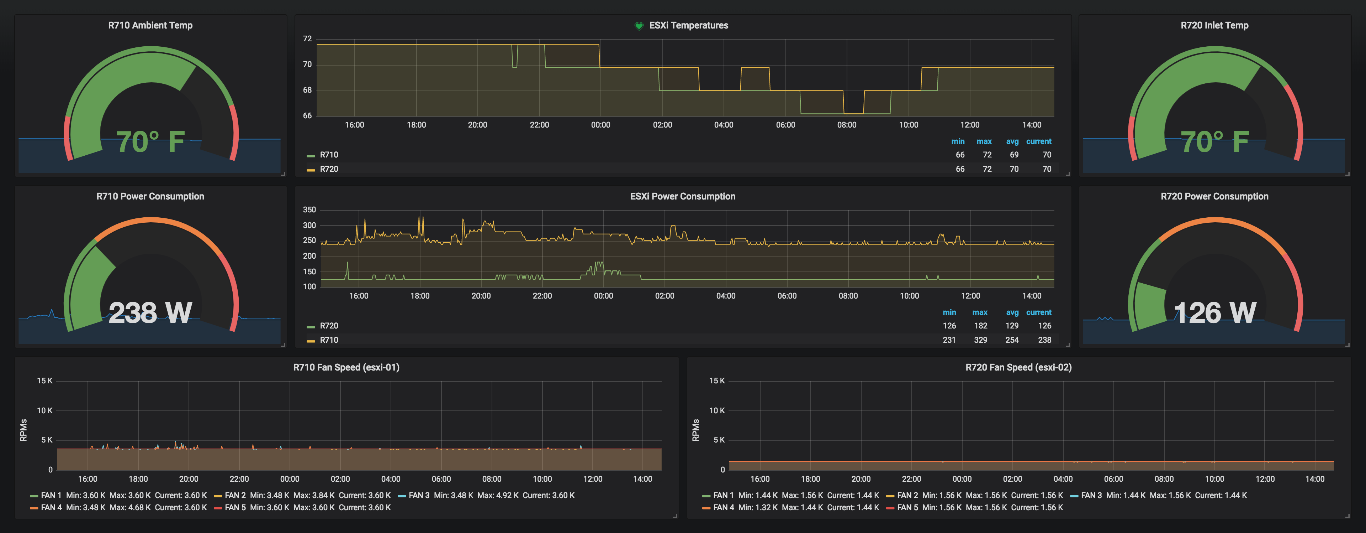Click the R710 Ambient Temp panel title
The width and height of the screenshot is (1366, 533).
pyautogui.click(x=150, y=26)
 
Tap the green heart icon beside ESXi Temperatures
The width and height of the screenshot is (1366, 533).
pyautogui.click(x=639, y=26)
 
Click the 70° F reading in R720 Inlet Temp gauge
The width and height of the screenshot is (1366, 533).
pyautogui.click(x=1214, y=142)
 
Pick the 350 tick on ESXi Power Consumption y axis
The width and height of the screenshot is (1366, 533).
pyautogui.click(x=309, y=210)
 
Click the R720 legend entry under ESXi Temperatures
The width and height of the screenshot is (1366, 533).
pyautogui.click(x=329, y=169)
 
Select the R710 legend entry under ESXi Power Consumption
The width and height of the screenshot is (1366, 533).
pyautogui.click(x=329, y=340)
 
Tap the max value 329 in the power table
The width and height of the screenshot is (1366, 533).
pyautogui.click(x=980, y=340)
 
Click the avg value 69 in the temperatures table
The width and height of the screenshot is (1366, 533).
pyautogui.click(x=1014, y=155)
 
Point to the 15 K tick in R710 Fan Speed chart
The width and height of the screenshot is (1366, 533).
pyautogui.click(x=44, y=381)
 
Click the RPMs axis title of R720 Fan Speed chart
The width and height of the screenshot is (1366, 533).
pyautogui.click(x=696, y=430)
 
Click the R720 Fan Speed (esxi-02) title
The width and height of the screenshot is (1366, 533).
pyautogui.click(x=1018, y=367)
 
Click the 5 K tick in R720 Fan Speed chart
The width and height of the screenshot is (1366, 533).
pyautogui.click(x=719, y=440)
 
